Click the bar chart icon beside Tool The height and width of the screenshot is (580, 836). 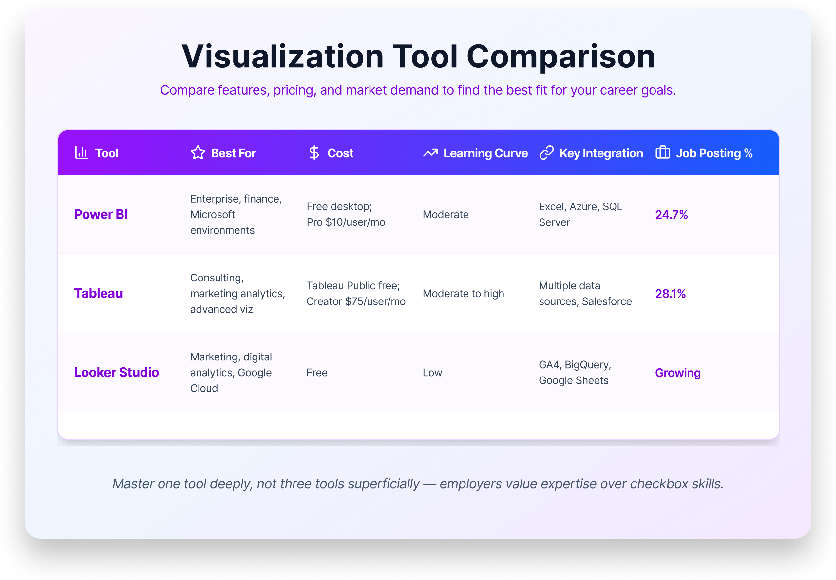(81, 153)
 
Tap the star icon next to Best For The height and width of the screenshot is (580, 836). (198, 153)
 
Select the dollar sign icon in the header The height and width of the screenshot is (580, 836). (314, 153)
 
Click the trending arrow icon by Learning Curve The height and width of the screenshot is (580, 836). (430, 153)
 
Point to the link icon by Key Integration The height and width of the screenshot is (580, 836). (546, 153)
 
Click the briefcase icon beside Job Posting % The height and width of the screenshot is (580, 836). (662, 153)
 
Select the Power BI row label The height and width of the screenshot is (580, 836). (101, 214)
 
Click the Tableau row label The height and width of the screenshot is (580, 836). (99, 293)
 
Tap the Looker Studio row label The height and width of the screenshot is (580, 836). (116, 373)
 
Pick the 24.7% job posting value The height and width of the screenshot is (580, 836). (672, 214)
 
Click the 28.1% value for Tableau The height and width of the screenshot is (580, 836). (670, 293)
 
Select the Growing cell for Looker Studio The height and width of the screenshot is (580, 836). (677, 373)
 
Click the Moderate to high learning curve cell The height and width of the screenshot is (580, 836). (463, 293)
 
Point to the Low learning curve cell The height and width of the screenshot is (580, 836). (432, 373)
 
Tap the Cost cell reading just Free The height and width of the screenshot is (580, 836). (317, 373)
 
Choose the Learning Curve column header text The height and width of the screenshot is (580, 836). (485, 153)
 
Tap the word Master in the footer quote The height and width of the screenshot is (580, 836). (133, 484)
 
